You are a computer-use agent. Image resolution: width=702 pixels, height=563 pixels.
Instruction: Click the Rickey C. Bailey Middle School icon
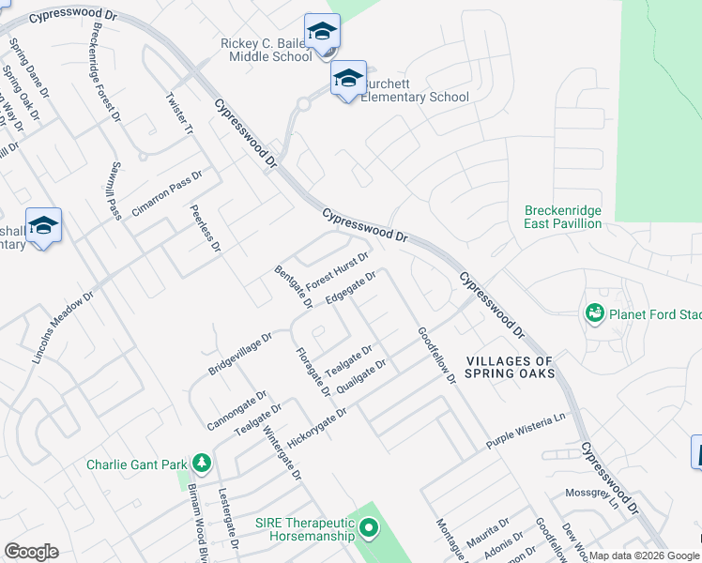click(x=322, y=33)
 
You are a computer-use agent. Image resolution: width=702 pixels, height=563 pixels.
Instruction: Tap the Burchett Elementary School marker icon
click(x=348, y=80)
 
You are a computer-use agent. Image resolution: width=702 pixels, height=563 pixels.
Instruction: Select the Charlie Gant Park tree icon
click(x=200, y=464)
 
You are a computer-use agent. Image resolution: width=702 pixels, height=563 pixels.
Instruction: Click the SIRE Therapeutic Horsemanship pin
click(x=369, y=530)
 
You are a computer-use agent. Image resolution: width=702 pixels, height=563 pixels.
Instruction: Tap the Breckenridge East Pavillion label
click(x=562, y=218)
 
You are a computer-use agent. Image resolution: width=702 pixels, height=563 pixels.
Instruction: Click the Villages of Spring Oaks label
click(x=511, y=367)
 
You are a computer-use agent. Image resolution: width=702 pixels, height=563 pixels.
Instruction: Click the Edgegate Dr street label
click(x=350, y=288)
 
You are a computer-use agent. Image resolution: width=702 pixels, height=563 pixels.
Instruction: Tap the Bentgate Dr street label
click(x=293, y=287)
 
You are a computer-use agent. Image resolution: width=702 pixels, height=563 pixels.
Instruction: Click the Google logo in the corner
click(x=31, y=552)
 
